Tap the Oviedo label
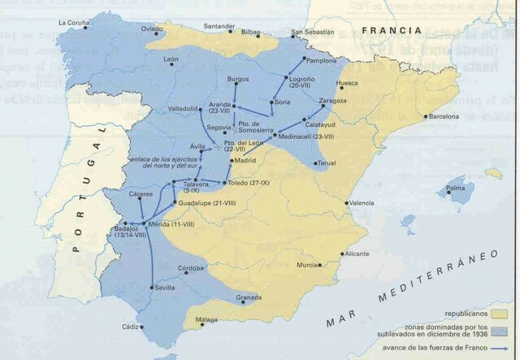(x=151, y=29)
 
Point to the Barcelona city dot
(x=426, y=116)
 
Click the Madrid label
(x=245, y=161)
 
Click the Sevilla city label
(x=167, y=288)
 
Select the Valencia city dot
(x=347, y=202)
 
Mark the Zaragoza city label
(x=333, y=101)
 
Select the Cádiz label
(x=130, y=327)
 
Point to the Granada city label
(x=249, y=297)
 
